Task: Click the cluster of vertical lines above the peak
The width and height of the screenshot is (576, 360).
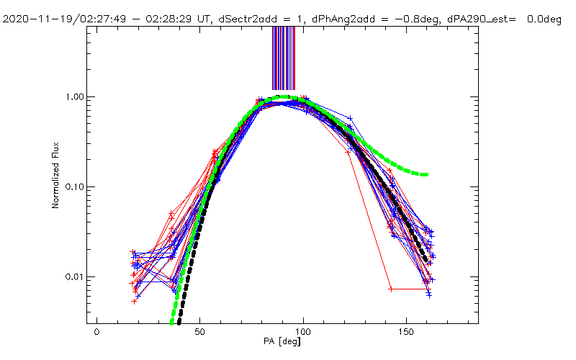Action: coord(283,58)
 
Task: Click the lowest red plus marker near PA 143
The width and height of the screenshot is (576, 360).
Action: coord(391,289)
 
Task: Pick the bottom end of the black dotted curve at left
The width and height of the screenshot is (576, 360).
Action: coord(179,323)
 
